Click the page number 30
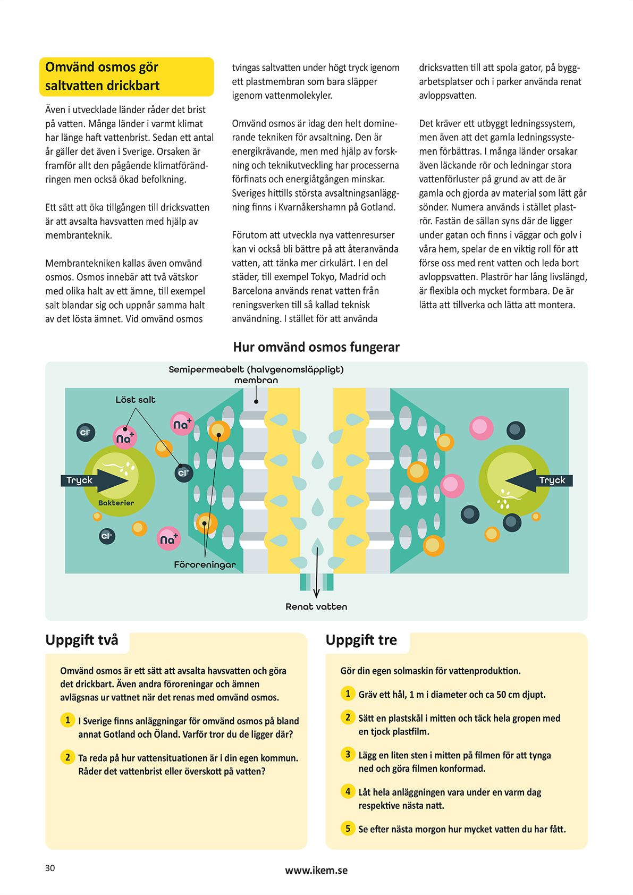[50, 868]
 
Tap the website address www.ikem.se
[316, 870]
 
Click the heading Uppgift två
[82, 640]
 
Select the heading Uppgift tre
[361, 640]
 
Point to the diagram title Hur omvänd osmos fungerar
[316, 347]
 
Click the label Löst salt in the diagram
[136, 400]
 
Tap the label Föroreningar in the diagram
[205, 564]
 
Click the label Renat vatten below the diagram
[316, 606]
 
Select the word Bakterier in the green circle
[116, 503]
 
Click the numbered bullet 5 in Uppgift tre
[348, 828]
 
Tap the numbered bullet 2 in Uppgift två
[67, 757]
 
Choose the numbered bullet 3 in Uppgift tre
[348, 754]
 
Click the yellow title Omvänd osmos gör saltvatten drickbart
[126, 77]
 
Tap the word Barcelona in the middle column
[252, 291]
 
